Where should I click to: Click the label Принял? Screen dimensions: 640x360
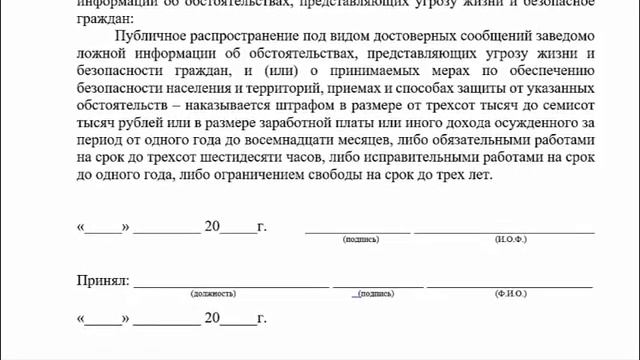coord(102,281)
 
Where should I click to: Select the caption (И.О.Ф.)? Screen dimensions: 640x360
coord(511,241)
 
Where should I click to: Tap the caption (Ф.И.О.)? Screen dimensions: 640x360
coord(511,294)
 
